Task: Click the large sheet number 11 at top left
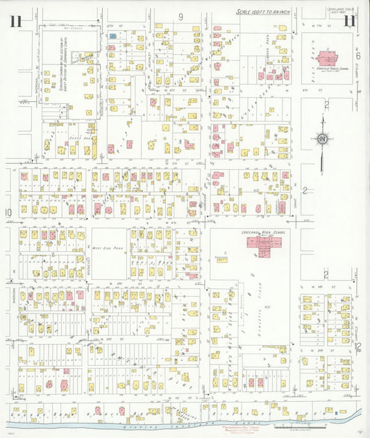(16, 21)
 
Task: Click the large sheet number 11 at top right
(351, 21)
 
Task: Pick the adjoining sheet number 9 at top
(179, 17)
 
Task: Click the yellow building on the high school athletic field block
(221, 260)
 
